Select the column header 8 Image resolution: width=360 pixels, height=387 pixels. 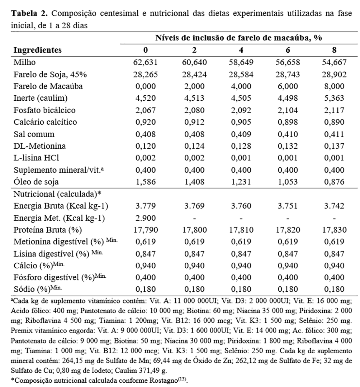[x=334, y=50]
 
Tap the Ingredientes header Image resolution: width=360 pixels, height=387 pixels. [x=37, y=50]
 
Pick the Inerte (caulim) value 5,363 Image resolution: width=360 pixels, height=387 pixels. [x=334, y=98]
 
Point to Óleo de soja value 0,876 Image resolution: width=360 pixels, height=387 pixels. [x=334, y=181]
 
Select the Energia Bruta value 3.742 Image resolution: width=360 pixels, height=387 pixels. [x=334, y=206]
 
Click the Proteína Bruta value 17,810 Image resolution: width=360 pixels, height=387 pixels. [x=241, y=229]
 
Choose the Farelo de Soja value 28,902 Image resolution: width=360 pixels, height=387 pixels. [x=334, y=75]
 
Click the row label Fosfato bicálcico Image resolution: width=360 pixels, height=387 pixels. [x=44, y=110]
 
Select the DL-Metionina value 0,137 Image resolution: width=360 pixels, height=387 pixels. [x=334, y=146]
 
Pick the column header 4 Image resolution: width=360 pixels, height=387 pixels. [x=241, y=50]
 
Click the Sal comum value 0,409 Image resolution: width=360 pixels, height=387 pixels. [x=241, y=134]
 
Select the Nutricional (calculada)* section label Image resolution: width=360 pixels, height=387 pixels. [x=57, y=194]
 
